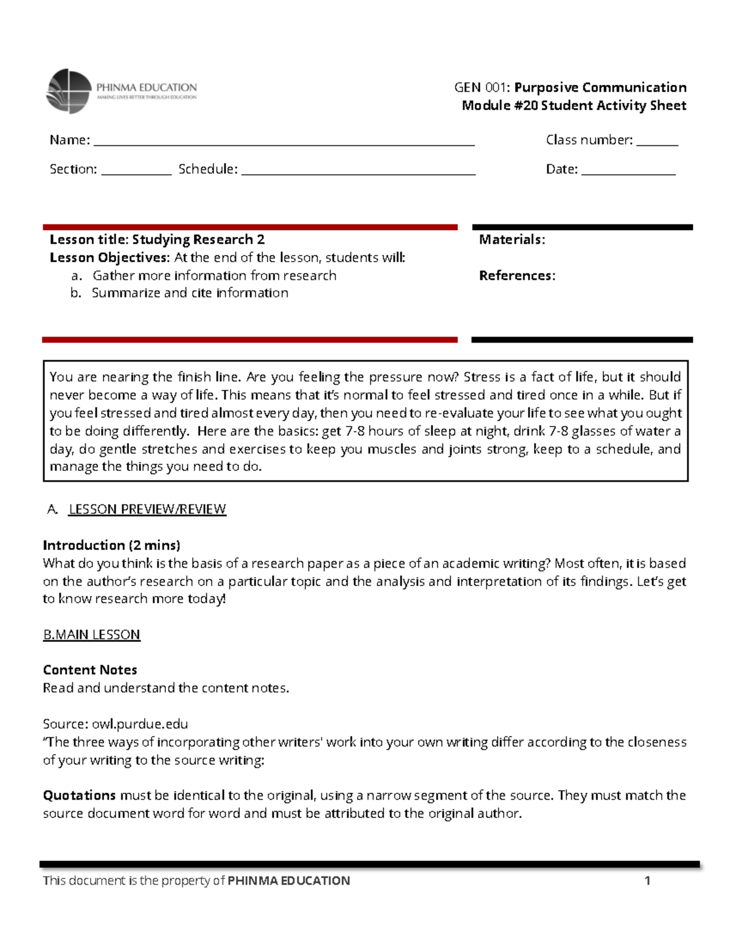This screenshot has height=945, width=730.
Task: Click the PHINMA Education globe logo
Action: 69,91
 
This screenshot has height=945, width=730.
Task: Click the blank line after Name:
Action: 283,144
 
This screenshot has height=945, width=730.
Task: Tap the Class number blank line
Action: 657,144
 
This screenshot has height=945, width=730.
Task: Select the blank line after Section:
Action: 136,173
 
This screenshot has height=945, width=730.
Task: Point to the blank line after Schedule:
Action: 358,173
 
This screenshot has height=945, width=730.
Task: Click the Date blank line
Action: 628,173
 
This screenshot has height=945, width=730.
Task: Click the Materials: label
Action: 512,240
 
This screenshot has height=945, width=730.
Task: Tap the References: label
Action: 517,276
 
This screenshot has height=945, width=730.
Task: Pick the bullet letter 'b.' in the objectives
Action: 76,293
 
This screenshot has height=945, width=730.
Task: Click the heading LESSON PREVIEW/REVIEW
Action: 147,509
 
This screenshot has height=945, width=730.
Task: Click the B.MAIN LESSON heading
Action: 91,635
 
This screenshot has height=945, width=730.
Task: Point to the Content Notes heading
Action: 90,670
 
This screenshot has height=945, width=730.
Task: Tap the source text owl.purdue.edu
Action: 140,724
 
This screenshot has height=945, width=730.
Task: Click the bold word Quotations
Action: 79,795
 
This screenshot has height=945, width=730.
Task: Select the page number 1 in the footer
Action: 647,880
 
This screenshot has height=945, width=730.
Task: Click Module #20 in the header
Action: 499,105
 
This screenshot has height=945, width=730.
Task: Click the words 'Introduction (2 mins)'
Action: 111,545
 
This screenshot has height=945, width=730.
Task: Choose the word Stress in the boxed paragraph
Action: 482,377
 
